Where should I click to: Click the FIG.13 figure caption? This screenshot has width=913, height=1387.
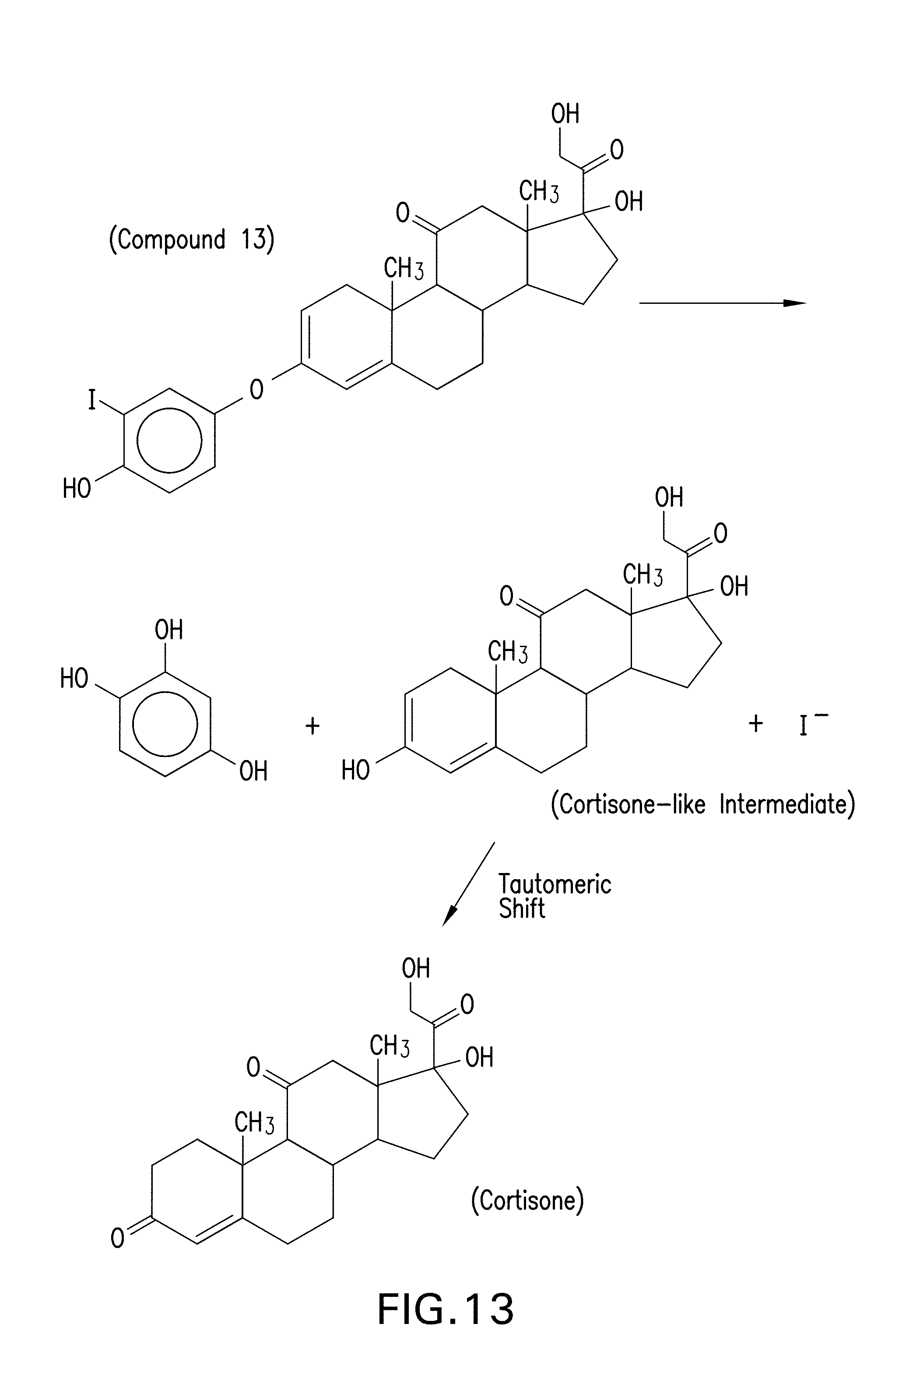pos(446,1308)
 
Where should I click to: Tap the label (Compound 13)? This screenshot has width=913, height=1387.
pos(191,239)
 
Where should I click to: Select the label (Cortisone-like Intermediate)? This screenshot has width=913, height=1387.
pos(702,805)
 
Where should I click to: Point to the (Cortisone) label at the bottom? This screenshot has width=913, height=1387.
pos(527,1200)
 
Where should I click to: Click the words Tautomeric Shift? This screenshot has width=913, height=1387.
pos(554,897)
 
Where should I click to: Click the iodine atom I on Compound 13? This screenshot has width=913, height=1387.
pos(91,400)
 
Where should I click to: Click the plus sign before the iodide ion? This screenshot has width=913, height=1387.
pos(756,723)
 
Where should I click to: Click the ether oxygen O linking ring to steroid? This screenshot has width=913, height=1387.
pos(256,389)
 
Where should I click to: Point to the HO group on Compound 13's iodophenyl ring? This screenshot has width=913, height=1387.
pos(77,488)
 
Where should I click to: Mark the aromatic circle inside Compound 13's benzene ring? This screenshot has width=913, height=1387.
pos(169,440)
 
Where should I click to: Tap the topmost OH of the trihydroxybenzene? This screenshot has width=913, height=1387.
pos(169,630)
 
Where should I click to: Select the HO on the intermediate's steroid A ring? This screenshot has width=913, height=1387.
pos(355,771)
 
